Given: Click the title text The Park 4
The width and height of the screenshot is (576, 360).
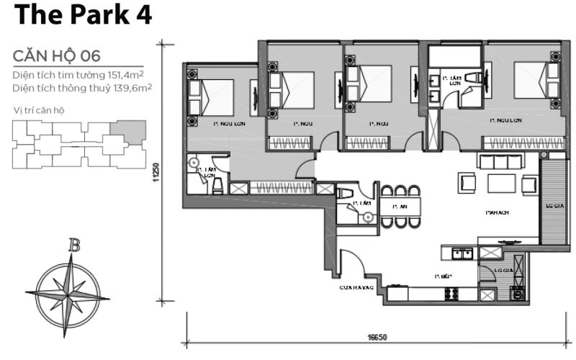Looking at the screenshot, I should [82, 15].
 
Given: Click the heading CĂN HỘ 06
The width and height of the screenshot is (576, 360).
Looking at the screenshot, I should [56, 55].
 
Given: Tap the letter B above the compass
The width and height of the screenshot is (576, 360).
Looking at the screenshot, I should [73, 246].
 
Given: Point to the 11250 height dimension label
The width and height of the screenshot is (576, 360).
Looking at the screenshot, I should [156, 171].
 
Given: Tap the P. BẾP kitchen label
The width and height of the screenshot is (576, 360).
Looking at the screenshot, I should [442, 276].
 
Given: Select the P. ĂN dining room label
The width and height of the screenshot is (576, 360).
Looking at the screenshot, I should [400, 207].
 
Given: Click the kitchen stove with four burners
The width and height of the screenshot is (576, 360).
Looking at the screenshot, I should [453, 294].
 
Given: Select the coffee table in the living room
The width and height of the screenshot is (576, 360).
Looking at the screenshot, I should [501, 183].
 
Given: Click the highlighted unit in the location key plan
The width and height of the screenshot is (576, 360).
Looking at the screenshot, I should [132, 131].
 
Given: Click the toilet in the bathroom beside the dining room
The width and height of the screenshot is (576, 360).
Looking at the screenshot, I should [345, 193].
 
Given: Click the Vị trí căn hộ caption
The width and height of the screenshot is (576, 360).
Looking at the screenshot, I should [39, 109].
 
